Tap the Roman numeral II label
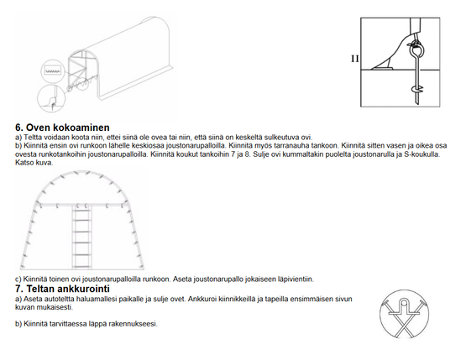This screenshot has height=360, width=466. [x=354, y=60]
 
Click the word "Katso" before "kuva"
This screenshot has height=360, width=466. [x=24, y=163]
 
